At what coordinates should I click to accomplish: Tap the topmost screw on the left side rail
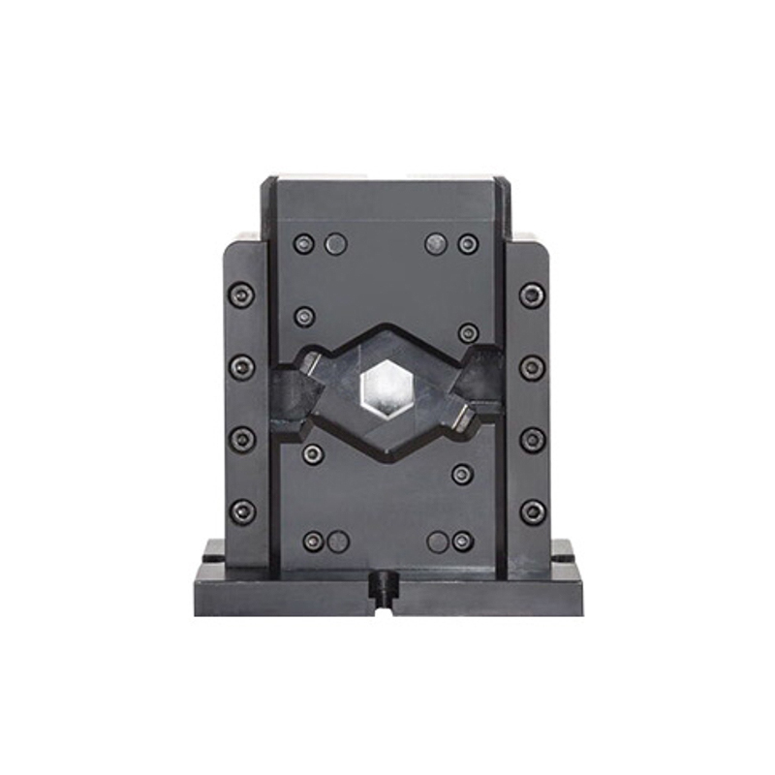point(241,294)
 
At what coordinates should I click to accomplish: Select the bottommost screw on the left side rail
point(242,511)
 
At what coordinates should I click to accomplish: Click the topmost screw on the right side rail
point(532,294)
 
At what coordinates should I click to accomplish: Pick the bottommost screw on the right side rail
point(532,511)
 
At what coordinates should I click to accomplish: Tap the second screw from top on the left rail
point(241,367)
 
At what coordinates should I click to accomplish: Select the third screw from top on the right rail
point(532,439)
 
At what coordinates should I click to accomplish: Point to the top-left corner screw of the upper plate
point(304,243)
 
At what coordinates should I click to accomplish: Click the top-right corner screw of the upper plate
point(468,243)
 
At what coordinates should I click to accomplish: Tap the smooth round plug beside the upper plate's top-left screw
point(335,243)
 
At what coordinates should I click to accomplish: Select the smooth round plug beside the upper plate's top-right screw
point(436,243)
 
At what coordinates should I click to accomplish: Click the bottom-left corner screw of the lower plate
point(312,541)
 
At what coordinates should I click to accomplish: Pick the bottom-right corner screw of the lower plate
point(463,541)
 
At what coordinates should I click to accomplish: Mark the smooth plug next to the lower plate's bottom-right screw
point(438,541)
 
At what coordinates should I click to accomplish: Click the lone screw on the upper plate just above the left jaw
point(304,316)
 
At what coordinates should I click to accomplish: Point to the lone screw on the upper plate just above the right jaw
point(468,332)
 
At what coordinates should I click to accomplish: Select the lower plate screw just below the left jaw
point(312,453)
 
